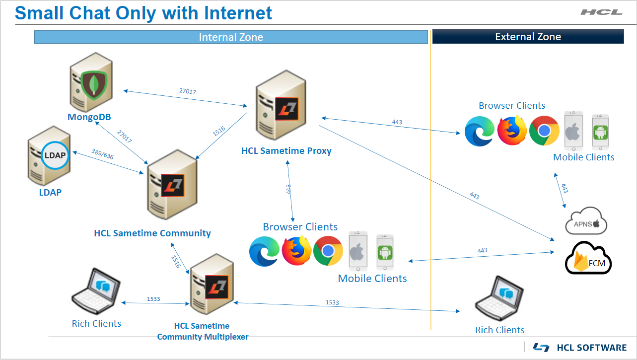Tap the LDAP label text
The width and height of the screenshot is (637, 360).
point(51,192)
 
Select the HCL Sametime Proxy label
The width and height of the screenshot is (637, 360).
point(286,150)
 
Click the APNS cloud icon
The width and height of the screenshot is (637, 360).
point(586,221)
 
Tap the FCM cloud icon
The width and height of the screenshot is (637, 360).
point(589,259)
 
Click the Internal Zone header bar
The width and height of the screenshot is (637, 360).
point(231,37)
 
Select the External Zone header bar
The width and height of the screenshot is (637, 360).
point(528,37)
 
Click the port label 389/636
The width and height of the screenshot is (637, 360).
point(102,154)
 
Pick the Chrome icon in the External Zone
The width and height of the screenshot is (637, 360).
point(544,131)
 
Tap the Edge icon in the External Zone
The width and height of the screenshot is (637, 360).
point(480,132)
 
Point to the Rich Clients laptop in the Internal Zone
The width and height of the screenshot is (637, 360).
point(96,293)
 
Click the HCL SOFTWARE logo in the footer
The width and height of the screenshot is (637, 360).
point(579,348)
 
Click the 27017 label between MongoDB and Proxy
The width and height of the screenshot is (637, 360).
point(187,91)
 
